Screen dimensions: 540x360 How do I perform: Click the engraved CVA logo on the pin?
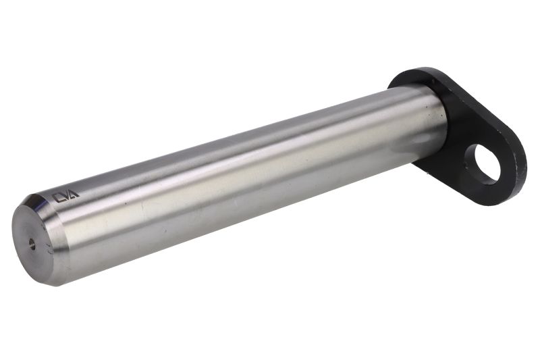[65, 197]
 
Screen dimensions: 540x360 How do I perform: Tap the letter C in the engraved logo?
[57, 199]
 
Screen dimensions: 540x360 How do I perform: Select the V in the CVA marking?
[65, 197]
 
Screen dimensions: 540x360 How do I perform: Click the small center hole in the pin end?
[32, 245]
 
